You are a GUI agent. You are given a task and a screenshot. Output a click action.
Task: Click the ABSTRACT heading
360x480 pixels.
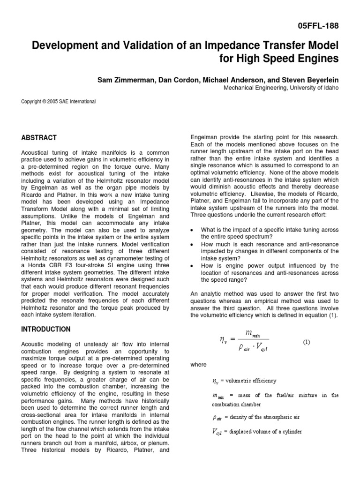[39, 138]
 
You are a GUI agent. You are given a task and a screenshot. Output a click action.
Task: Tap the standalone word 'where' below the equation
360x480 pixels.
[198, 364]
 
